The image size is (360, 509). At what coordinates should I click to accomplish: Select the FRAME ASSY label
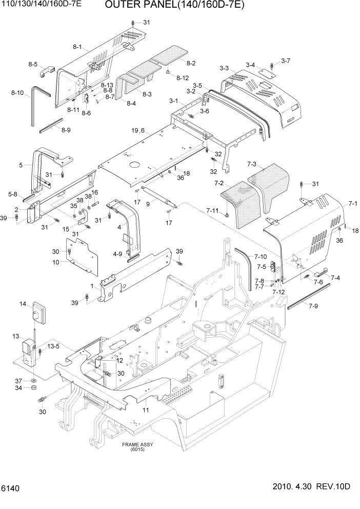137,446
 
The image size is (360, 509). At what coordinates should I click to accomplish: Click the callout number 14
23,304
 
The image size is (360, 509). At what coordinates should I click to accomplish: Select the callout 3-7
286,61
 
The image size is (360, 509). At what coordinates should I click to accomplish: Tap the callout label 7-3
252,164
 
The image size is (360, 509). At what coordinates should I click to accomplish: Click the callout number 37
18,381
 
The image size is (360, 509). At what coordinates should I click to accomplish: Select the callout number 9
148,204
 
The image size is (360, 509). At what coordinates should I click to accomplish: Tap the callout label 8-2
191,63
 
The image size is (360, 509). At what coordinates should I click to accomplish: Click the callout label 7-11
212,210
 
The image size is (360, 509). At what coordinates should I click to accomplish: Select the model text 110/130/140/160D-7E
41,6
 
